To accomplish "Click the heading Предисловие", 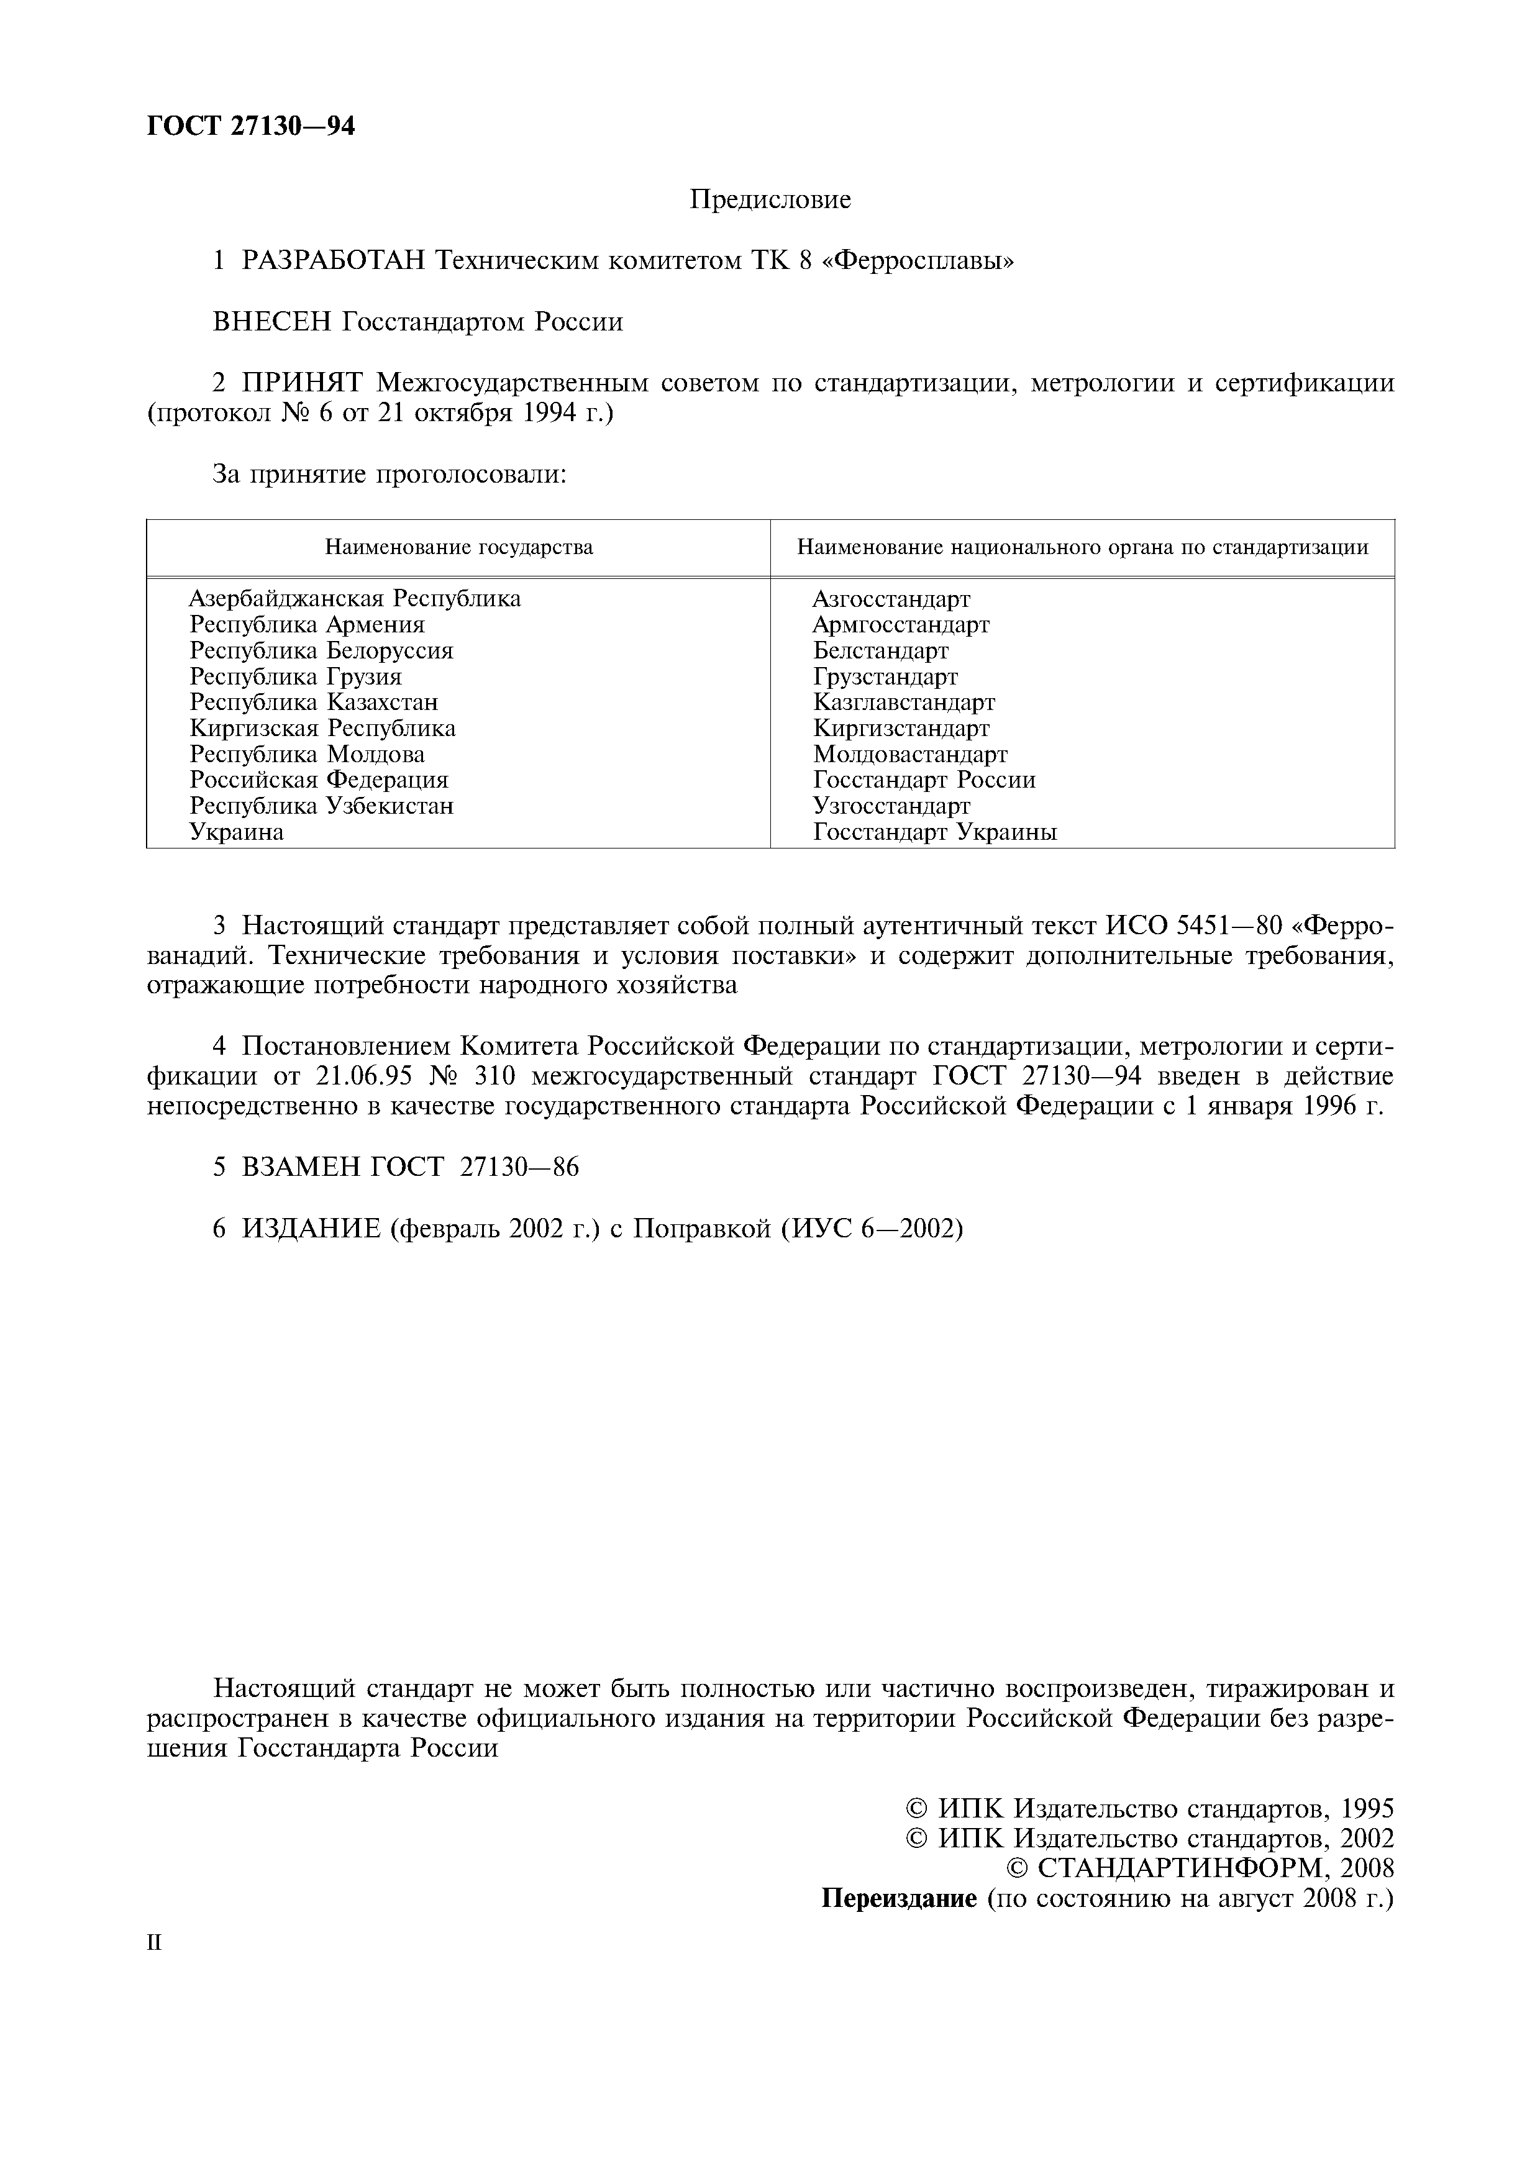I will (770, 199).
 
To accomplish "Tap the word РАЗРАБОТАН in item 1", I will (333, 260).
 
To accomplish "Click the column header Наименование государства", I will (458, 548).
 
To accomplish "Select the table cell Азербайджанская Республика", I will (355, 599).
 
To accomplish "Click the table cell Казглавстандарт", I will (903, 703).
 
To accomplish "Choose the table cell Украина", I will (236, 832).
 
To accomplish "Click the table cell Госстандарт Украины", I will (935, 832).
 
